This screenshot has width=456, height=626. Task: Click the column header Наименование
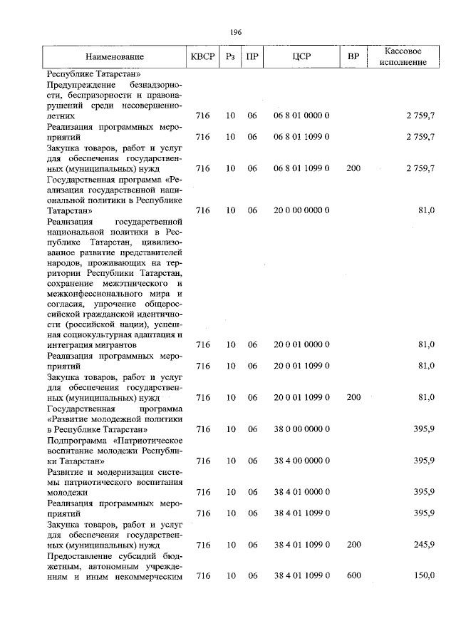(x=115, y=56)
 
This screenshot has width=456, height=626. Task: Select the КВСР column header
(x=203, y=56)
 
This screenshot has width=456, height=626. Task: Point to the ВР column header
(x=353, y=56)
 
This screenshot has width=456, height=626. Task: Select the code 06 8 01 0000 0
(x=301, y=115)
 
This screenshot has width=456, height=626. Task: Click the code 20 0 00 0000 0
(x=301, y=210)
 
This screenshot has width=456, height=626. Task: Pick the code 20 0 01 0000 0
(x=301, y=344)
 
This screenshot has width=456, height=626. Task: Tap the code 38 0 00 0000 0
(x=301, y=429)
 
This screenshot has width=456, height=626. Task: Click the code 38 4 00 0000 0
(x=301, y=461)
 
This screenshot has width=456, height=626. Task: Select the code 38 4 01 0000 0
(x=301, y=492)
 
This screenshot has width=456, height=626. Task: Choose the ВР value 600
(x=353, y=575)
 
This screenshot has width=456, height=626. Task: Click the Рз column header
(x=230, y=56)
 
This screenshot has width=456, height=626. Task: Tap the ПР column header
(x=252, y=56)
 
